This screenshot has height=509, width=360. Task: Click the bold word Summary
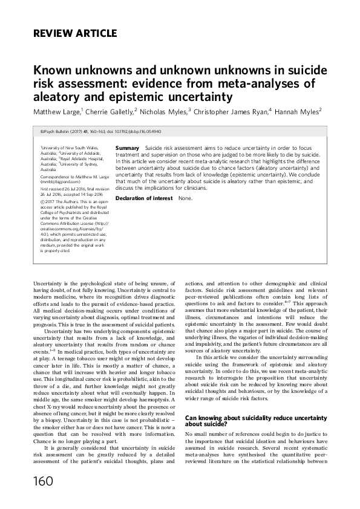click(x=127, y=148)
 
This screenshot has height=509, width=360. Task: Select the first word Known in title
click(x=53, y=70)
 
